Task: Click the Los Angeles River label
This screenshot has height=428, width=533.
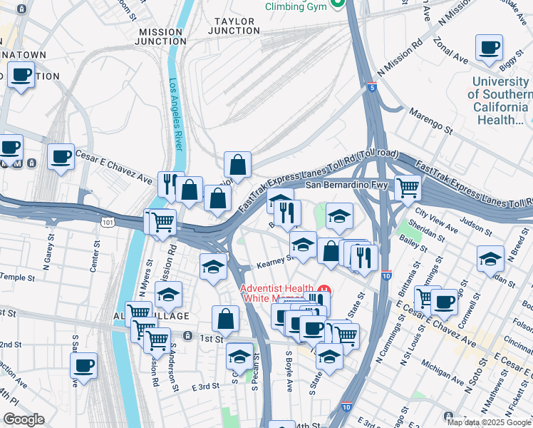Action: pos(175,114)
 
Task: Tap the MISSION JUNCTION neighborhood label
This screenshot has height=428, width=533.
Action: pos(161,37)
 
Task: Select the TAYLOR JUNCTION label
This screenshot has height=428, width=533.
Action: pos(234,26)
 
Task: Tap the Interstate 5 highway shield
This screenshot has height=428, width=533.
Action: pos(373,87)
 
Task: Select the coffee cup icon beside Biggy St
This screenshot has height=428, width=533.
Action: pos(489,48)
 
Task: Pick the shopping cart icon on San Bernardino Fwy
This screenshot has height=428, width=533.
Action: pos(407,188)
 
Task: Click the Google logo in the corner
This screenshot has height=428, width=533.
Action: pos(24,419)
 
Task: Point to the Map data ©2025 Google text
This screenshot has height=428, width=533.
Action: pos(489,422)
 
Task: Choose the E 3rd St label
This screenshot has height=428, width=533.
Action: pos(205,386)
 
